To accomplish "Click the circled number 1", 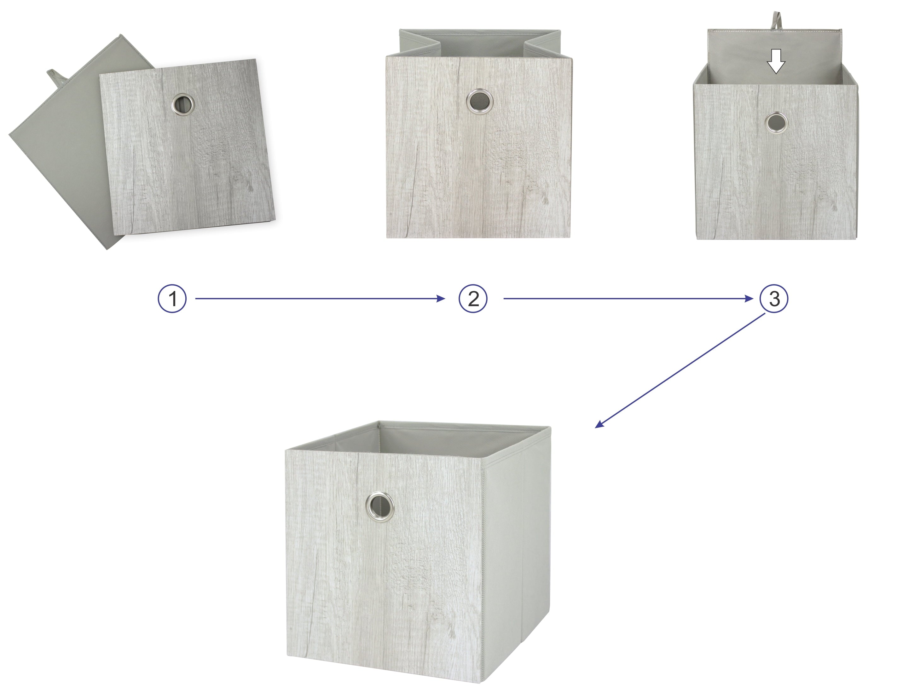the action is click(172, 299).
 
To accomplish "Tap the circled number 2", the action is click(473, 299).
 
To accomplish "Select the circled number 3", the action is click(774, 299).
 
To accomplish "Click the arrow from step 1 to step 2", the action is click(320, 299).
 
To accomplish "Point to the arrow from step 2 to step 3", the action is click(628, 299).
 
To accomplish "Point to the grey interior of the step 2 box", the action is click(479, 44).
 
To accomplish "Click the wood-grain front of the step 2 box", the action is click(478, 148).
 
